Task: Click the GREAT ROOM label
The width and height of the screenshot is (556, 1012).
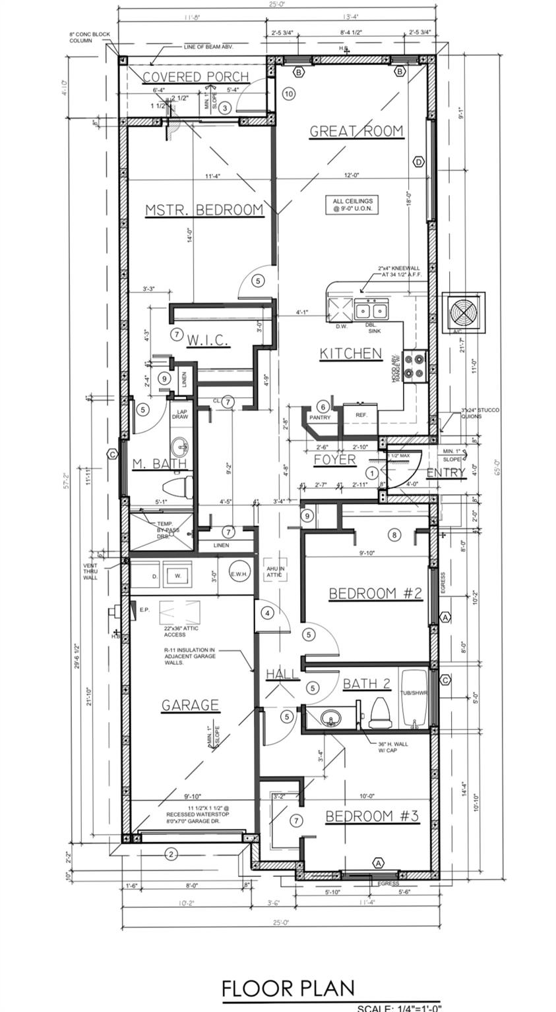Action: click(356, 130)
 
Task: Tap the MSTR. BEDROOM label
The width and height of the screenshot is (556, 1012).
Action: click(204, 210)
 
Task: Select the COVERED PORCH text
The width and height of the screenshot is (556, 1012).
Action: click(196, 77)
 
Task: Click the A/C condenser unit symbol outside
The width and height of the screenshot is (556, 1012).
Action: click(463, 310)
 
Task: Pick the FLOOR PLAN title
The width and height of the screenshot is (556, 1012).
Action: click(288, 988)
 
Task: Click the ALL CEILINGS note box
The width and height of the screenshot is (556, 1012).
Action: click(353, 204)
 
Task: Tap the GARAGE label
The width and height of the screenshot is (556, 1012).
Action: click(190, 705)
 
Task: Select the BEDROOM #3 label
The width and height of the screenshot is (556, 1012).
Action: click(372, 816)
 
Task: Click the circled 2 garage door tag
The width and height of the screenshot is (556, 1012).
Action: click(171, 855)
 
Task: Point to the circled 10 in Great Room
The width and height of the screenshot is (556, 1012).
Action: click(288, 94)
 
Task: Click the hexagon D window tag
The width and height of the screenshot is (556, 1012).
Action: click(417, 161)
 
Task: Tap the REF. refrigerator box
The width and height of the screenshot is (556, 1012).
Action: click(361, 415)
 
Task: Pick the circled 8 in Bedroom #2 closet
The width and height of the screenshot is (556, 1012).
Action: click(394, 534)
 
